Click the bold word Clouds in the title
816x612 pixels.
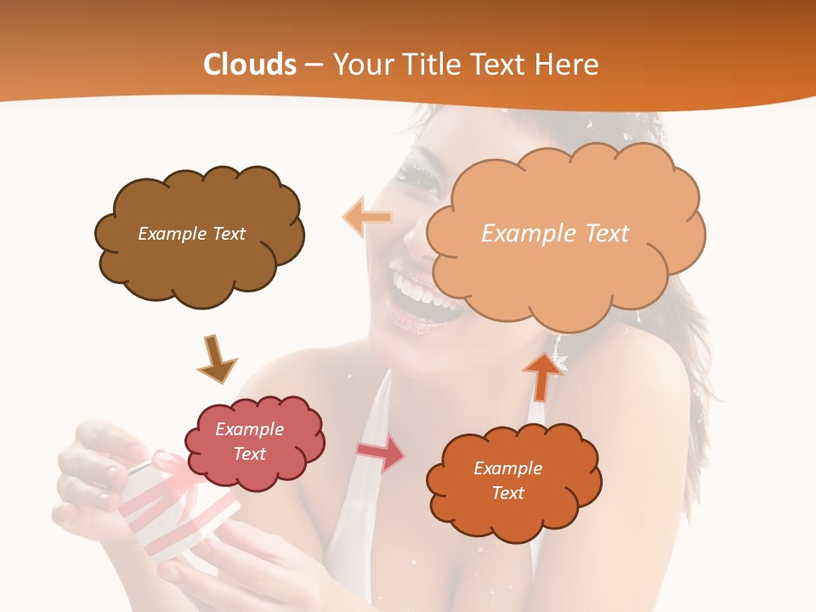pos(250,65)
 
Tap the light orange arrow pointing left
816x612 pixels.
pos(367,218)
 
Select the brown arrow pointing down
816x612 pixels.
pos(216,358)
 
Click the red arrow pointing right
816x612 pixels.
pos(380,453)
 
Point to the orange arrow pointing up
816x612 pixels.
pos(541,377)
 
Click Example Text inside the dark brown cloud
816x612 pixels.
pos(191,234)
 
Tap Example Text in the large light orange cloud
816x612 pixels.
pos(555,234)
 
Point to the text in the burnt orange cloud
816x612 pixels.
pos(507,480)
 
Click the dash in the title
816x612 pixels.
pos(313,65)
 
